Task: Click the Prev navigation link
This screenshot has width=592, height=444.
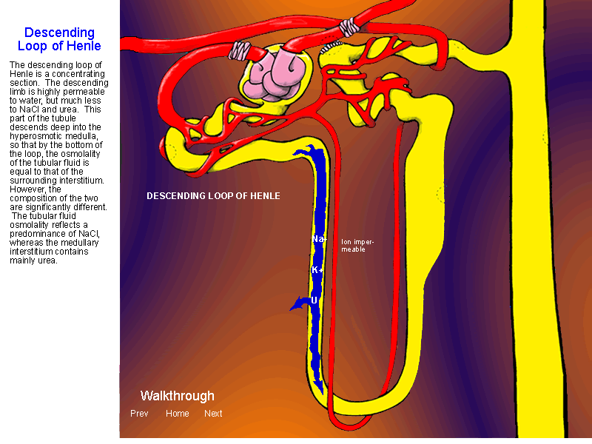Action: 139,414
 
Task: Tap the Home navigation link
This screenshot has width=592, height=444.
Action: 177,414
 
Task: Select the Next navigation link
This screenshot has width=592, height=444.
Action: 213,414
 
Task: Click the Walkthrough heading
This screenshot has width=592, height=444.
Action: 177,396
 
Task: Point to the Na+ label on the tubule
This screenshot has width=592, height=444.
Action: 319,238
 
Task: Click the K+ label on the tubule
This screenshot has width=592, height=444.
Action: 317,270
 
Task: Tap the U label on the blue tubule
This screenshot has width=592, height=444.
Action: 314,300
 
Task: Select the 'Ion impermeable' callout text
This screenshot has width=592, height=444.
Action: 357,246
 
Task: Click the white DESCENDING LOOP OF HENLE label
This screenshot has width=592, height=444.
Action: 213,196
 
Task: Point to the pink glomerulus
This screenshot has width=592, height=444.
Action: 275,78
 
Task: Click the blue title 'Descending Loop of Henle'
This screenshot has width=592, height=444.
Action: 59,39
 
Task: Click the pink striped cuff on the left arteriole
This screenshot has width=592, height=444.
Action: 239,50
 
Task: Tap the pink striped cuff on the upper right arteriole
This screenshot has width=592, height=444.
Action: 349,27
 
